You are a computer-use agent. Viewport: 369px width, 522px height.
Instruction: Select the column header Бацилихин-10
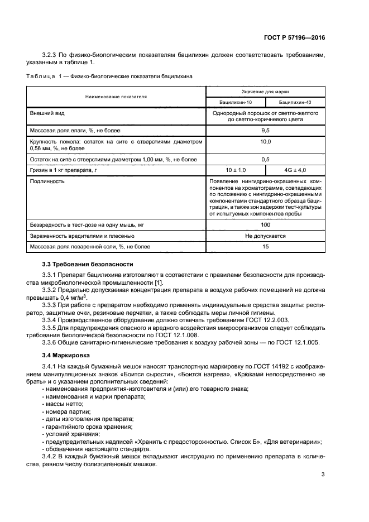click(x=235, y=103)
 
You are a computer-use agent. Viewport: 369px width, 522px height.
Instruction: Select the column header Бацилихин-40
click(x=295, y=103)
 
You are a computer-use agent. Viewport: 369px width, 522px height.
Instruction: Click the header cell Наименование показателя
click(x=116, y=97)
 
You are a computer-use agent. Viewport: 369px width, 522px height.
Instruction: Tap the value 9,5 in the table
click(x=265, y=130)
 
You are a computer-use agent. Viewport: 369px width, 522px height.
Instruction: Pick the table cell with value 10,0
click(x=265, y=142)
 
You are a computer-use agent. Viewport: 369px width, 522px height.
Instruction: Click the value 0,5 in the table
click(x=265, y=159)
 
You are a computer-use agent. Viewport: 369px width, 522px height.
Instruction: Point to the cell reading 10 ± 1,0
click(x=235, y=169)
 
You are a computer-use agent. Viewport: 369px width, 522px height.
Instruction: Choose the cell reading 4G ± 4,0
click(x=295, y=169)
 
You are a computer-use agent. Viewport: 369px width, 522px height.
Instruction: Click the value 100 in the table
click(x=265, y=224)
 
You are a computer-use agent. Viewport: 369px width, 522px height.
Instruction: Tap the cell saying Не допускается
click(x=265, y=236)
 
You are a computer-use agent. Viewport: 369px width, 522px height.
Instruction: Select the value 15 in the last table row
click(x=265, y=246)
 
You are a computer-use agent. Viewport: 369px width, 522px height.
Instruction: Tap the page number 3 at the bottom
click(x=323, y=475)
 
